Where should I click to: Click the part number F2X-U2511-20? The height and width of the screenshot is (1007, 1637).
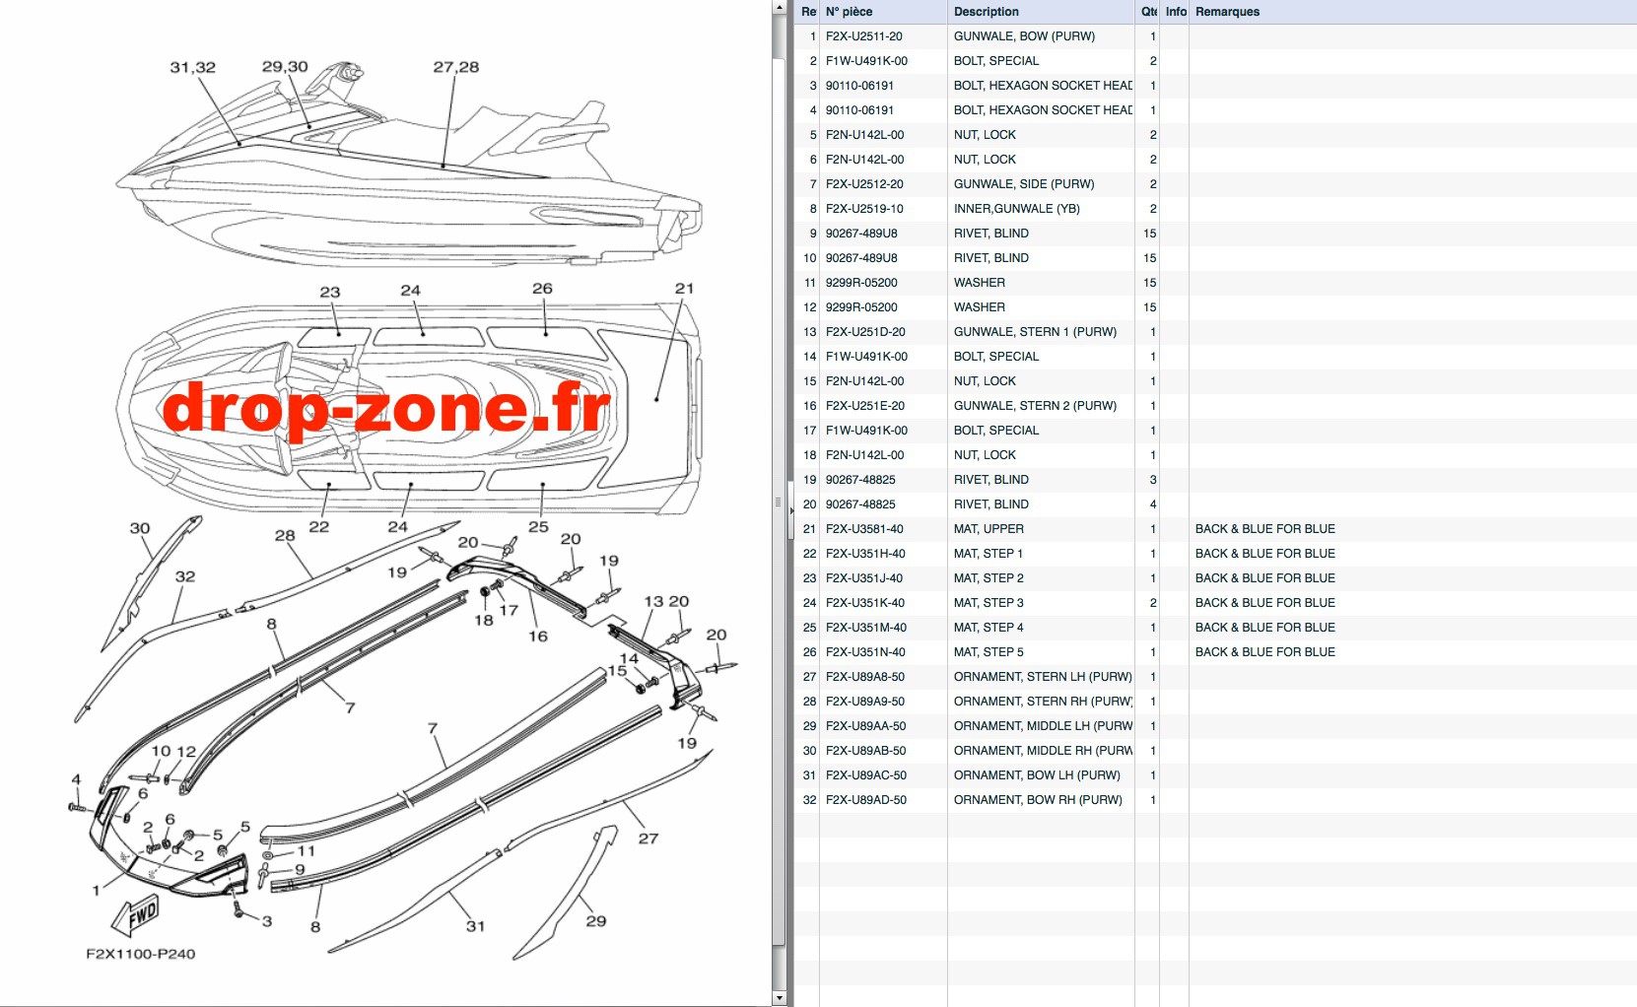pyautogui.click(x=863, y=36)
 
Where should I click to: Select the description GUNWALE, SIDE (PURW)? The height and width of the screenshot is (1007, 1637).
pyautogui.click(x=1024, y=184)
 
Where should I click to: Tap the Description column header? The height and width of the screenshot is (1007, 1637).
pyautogui.click(x=986, y=12)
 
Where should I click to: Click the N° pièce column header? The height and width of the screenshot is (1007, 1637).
pyautogui.click(x=849, y=12)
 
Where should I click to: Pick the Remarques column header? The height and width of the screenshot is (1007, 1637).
pyautogui.click(x=1227, y=12)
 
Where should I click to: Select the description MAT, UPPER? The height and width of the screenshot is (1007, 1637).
pyautogui.click(x=989, y=529)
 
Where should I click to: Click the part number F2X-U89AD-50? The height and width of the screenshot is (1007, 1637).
pyautogui.click(x=866, y=800)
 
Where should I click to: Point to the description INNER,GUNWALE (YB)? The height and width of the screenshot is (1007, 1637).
pyautogui.click(x=1016, y=209)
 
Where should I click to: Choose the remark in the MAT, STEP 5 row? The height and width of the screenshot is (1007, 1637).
pyautogui.click(x=1265, y=652)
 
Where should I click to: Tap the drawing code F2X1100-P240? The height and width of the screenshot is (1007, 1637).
pyautogui.click(x=140, y=954)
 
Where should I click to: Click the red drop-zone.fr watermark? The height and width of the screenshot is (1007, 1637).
pyautogui.click(x=386, y=410)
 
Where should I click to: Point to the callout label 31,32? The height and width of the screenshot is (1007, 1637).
pyautogui.click(x=193, y=67)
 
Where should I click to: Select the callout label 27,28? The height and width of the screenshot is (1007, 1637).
pyautogui.click(x=456, y=67)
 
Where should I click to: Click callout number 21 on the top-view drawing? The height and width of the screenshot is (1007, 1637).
pyautogui.click(x=684, y=289)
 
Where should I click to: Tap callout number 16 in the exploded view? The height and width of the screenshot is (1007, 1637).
pyautogui.click(x=538, y=637)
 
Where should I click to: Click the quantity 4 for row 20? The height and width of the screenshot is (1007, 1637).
pyautogui.click(x=1152, y=504)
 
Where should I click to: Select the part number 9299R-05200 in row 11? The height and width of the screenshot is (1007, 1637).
pyautogui.click(x=861, y=283)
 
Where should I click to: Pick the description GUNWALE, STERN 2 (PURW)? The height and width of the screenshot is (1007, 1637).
pyautogui.click(x=1035, y=406)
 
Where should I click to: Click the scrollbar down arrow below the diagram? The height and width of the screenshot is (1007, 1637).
pyautogui.click(x=779, y=997)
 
